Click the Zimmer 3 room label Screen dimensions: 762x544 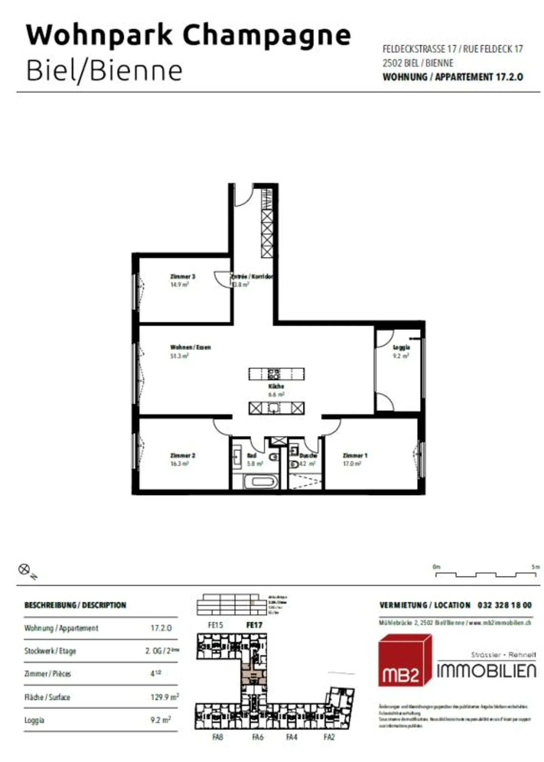tap(182, 276)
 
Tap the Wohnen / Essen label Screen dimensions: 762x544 tap(190, 347)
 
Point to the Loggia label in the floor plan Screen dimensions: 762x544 tap(401, 347)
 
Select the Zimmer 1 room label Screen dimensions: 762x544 tap(355, 455)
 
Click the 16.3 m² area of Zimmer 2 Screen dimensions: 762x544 tap(179, 464)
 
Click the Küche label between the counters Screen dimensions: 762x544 tap(276, 386)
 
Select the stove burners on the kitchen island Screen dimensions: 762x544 tap(274, 374)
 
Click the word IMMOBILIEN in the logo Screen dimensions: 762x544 tap(486, 671)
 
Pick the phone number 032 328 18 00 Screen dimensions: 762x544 tap(504, 605)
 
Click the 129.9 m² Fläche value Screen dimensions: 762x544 tap(164, 697)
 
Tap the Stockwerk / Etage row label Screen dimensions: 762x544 tap(50, 651)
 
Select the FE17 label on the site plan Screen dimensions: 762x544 tap(254, 625)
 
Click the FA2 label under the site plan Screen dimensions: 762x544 tap(329, 737)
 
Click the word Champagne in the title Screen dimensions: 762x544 tap(267, 35)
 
